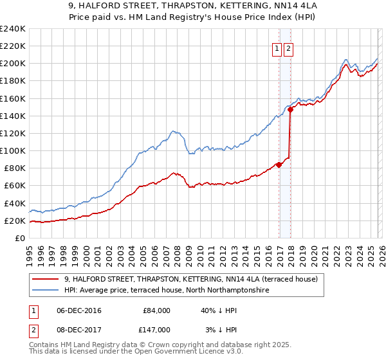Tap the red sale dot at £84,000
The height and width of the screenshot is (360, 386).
click(279, 165)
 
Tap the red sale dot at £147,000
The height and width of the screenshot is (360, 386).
click(290, 109)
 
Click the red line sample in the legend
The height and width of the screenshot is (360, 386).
click(47, 279)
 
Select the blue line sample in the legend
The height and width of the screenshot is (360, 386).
click(47, 291)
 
